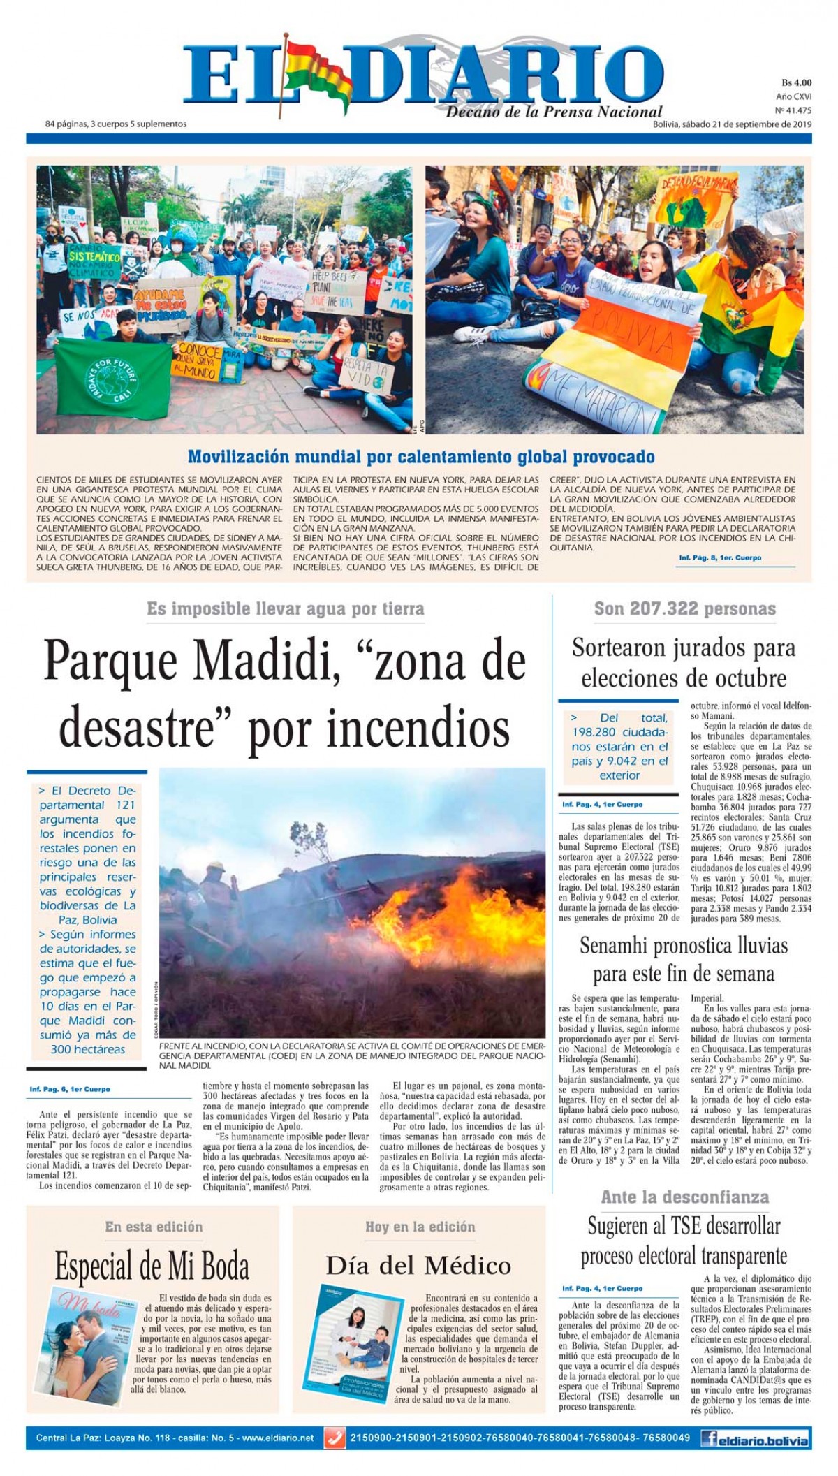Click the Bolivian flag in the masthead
pyautogui.click(x=314, y=73)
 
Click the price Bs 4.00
pyautogui.click(x=796, y=82)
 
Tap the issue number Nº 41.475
pyautogui.click(x=793, y=110)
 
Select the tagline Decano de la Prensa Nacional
pyautogui.click(x=554, y=112)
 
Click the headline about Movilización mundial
pyautogui.click(x=421, y=458)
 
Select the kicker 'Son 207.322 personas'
pyautogui.click(x=684, y=608)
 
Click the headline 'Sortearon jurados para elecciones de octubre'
pyautogui.click(x=684, y=662)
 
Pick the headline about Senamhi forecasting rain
pyautogui.click(x=684, y=960)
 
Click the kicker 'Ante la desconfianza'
pyautogui.click(x=684, y=1197)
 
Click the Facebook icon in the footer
pyautogui.click(x=712, y=1438)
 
